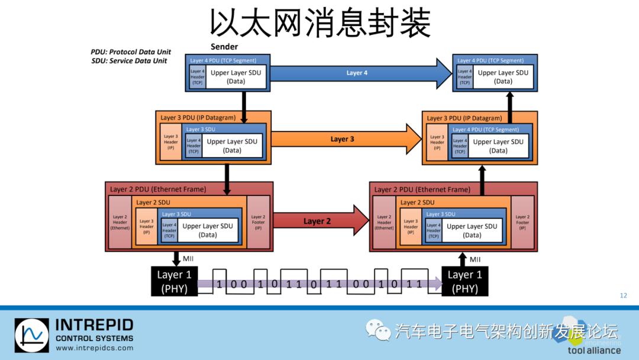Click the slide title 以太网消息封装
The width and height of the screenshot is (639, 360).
coord(319,24)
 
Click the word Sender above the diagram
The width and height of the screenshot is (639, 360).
coord(224,47)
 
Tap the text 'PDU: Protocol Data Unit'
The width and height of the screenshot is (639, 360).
coord(131,52)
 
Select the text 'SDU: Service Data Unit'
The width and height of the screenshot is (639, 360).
coord(129,61)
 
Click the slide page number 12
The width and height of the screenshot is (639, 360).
coord(623,295)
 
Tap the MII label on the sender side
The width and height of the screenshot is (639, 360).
coord(188,259)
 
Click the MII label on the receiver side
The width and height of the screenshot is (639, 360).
coord(475,259)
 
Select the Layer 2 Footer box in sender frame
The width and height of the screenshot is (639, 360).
coord(258,222)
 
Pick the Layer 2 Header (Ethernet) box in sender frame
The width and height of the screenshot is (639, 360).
coord(120,222)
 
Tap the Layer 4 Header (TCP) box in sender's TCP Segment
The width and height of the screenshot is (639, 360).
coord(197,77)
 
